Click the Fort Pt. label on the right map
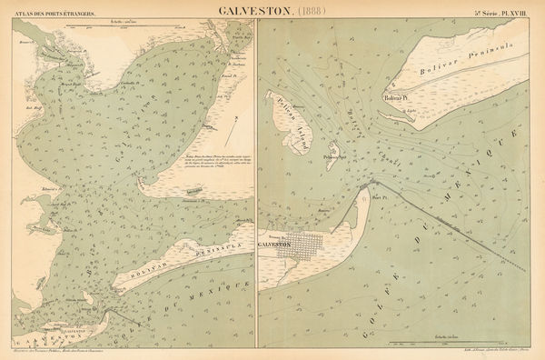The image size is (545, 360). (x=378, y=194)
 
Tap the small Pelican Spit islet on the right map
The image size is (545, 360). (x=334, y=150)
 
